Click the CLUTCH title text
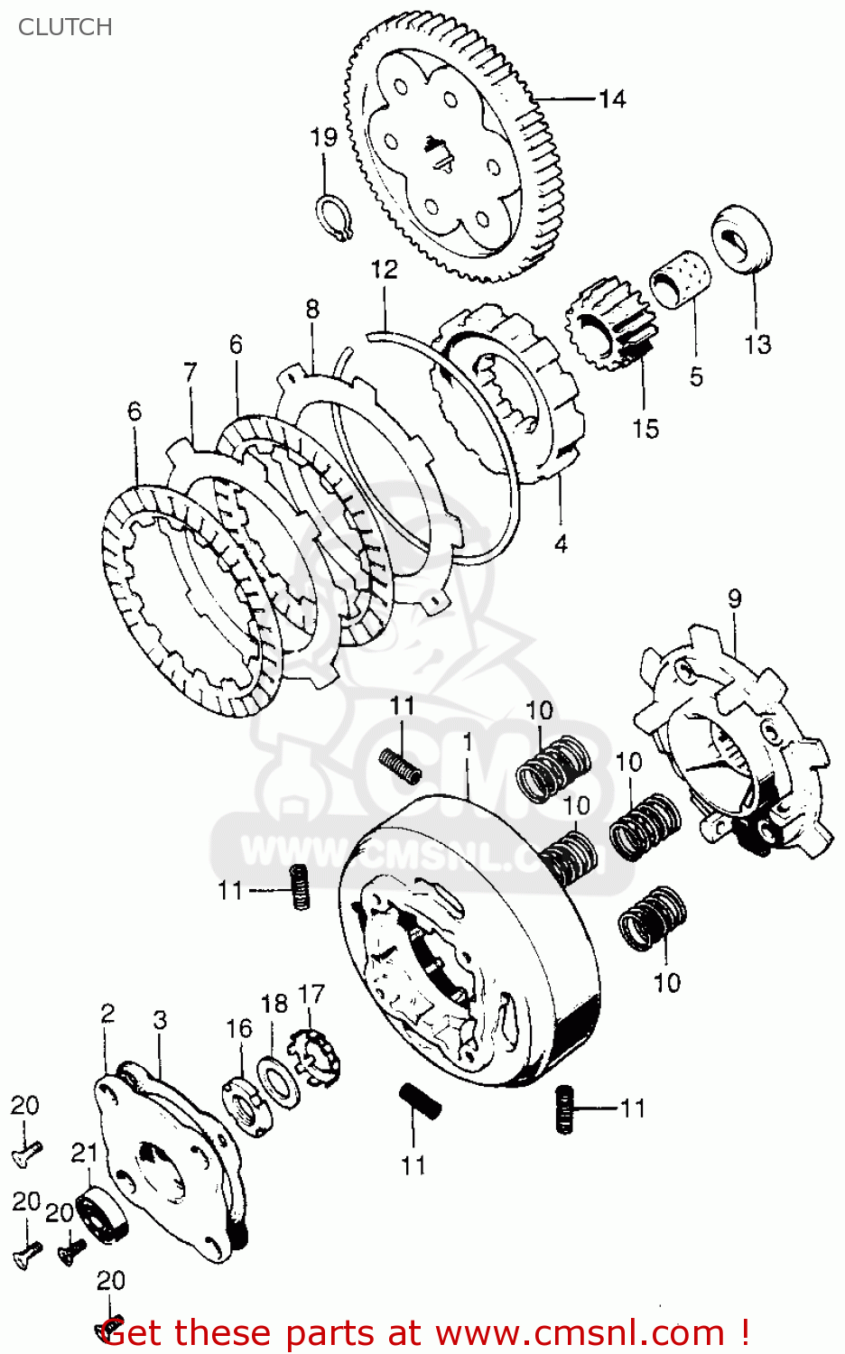point(65,27)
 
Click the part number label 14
point(612,98)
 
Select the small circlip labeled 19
point(332,218)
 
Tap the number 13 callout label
point(757,344)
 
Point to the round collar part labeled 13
point(742,238)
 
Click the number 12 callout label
point(384,269)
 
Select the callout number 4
point(561,543)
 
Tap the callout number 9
point(735,598)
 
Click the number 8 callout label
point(312,309)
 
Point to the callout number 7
point(190,372)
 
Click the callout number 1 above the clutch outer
point(468,741)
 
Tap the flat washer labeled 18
point(278,1078)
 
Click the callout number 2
point(107,1012)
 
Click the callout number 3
point(160,1020)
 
